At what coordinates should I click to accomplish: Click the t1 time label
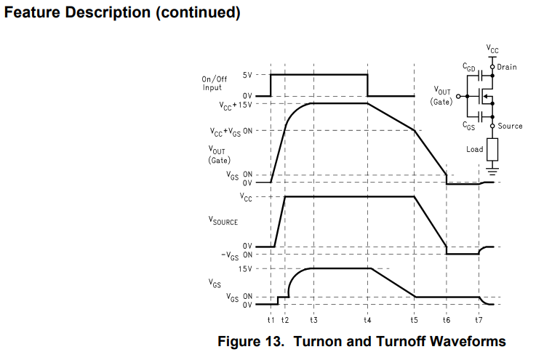click(271, 321)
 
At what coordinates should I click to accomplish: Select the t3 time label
click(313, 321)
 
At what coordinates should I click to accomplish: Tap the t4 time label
click(368, 321)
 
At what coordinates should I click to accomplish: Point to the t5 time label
click(415, 321)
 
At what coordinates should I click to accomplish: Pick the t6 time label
click(446, 321)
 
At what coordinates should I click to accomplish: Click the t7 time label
click(479, 321)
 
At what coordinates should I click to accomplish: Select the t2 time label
click(284, 321)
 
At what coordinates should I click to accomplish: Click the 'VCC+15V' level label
click(236, 105)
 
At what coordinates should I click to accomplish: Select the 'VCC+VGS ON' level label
click(231, 132)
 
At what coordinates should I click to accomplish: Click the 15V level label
click(244, 269)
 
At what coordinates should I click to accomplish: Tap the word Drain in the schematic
click(507, 67)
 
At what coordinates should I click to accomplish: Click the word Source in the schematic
click(510, 126)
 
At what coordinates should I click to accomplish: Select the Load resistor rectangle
click(492, 150)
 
